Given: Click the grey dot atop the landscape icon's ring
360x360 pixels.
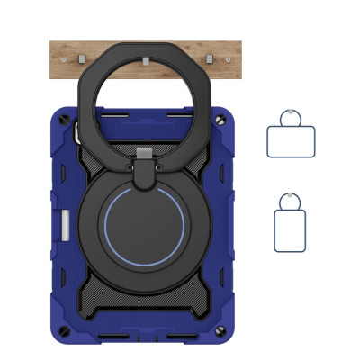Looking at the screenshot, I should tap(291, 111).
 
